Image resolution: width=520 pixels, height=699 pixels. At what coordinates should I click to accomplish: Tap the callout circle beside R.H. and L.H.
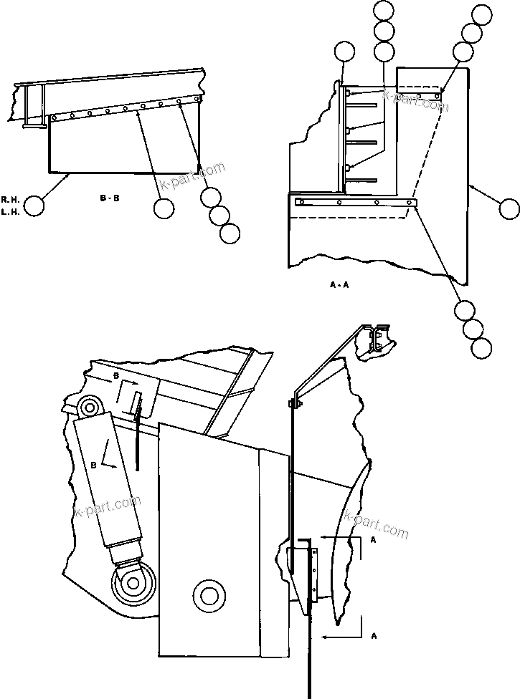33,206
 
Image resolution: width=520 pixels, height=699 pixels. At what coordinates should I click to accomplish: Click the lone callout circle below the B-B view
164,208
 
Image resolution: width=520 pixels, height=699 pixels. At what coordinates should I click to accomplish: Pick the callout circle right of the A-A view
509,209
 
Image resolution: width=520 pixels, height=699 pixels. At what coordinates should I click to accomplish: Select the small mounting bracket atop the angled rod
374,339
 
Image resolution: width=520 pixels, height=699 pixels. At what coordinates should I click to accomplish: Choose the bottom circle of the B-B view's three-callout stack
230,233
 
